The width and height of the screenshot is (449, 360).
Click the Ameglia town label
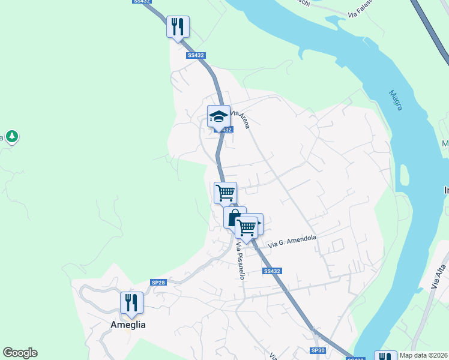coord(128,325)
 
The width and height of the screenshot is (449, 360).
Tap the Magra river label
coord(396,100)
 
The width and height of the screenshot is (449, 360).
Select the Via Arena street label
coord(240,118)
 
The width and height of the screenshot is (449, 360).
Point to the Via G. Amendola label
coord(292,241)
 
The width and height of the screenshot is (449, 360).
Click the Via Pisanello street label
coord(241,263)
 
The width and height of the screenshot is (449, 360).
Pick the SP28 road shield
coord(158,282)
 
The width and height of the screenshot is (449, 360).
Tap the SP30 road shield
coord(318,350)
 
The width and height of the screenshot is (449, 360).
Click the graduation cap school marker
coord(218,115)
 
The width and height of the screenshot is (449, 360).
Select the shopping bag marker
coord(234,217)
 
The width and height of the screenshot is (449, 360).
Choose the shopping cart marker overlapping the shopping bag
coord(247,227)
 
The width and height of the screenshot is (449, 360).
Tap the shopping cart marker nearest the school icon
coord(225,193)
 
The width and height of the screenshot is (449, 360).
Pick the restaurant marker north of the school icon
coord(178,26)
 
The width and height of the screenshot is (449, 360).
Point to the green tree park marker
coord(11,137)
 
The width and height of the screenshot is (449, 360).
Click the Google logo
coord(20,353)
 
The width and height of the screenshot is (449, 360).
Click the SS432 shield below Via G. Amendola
coord(272,271)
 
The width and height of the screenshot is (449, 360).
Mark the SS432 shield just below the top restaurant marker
coord(196,55)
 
